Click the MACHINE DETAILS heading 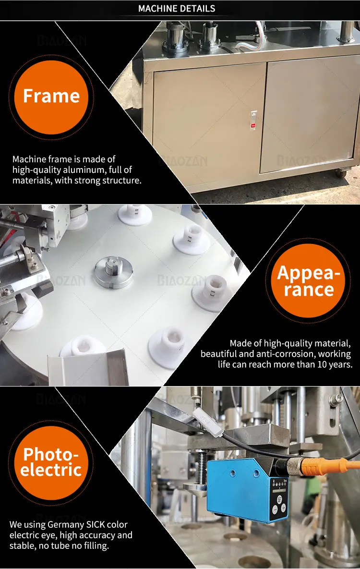(177, 9)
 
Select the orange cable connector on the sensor (307, 465)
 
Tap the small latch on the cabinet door (254, 120)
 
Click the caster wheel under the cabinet (340, 172)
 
